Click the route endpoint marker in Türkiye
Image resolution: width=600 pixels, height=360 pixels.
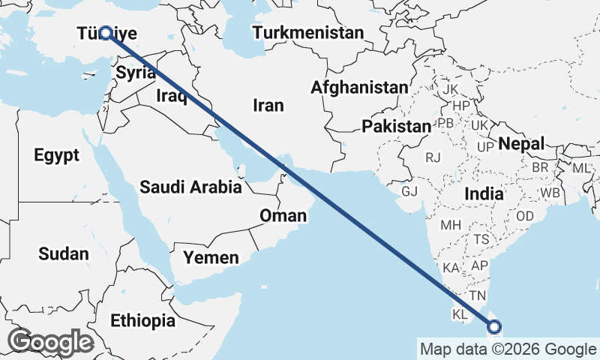[106, 33]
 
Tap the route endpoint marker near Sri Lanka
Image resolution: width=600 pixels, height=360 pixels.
[494, 326]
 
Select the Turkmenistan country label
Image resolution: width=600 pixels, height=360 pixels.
[307, 33]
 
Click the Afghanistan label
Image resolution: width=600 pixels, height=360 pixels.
[359, 88]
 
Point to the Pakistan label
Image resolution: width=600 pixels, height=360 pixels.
[396, 126]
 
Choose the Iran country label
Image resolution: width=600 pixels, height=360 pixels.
[268, 106]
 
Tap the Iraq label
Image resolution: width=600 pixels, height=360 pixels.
[171, 96]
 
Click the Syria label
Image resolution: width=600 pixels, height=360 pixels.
[136, 73]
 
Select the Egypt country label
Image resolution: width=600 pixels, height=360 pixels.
[56, 155]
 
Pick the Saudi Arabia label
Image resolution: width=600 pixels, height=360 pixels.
[190, 187]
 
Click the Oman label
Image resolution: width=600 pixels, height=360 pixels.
[283, 216]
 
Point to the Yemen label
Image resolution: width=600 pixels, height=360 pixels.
[211, 258]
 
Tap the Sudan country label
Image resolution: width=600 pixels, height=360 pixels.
[63, 253]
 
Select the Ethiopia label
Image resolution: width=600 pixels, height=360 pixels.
[142, 321]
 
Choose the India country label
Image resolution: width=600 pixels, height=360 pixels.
[484, 193]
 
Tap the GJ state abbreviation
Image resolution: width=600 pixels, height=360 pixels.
[409, 191]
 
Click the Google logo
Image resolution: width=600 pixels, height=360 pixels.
[50, 342]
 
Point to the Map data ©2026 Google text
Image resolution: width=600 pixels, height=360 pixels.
[508, 349]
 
